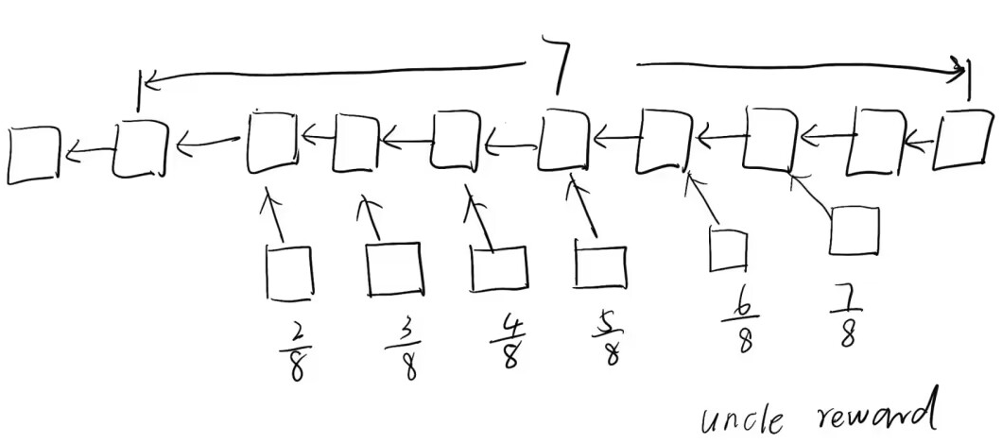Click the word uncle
coord(741,416)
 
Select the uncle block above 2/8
coord(289,271)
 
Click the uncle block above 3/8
coord(393,269)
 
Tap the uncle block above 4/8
coord(498,268)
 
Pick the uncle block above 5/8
coord(600,265)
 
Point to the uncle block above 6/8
coord(728,250)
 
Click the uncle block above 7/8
coord(854,231)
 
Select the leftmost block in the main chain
coord(32,155)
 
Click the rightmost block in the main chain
coord(962,141)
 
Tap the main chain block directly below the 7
coord(564,143)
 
